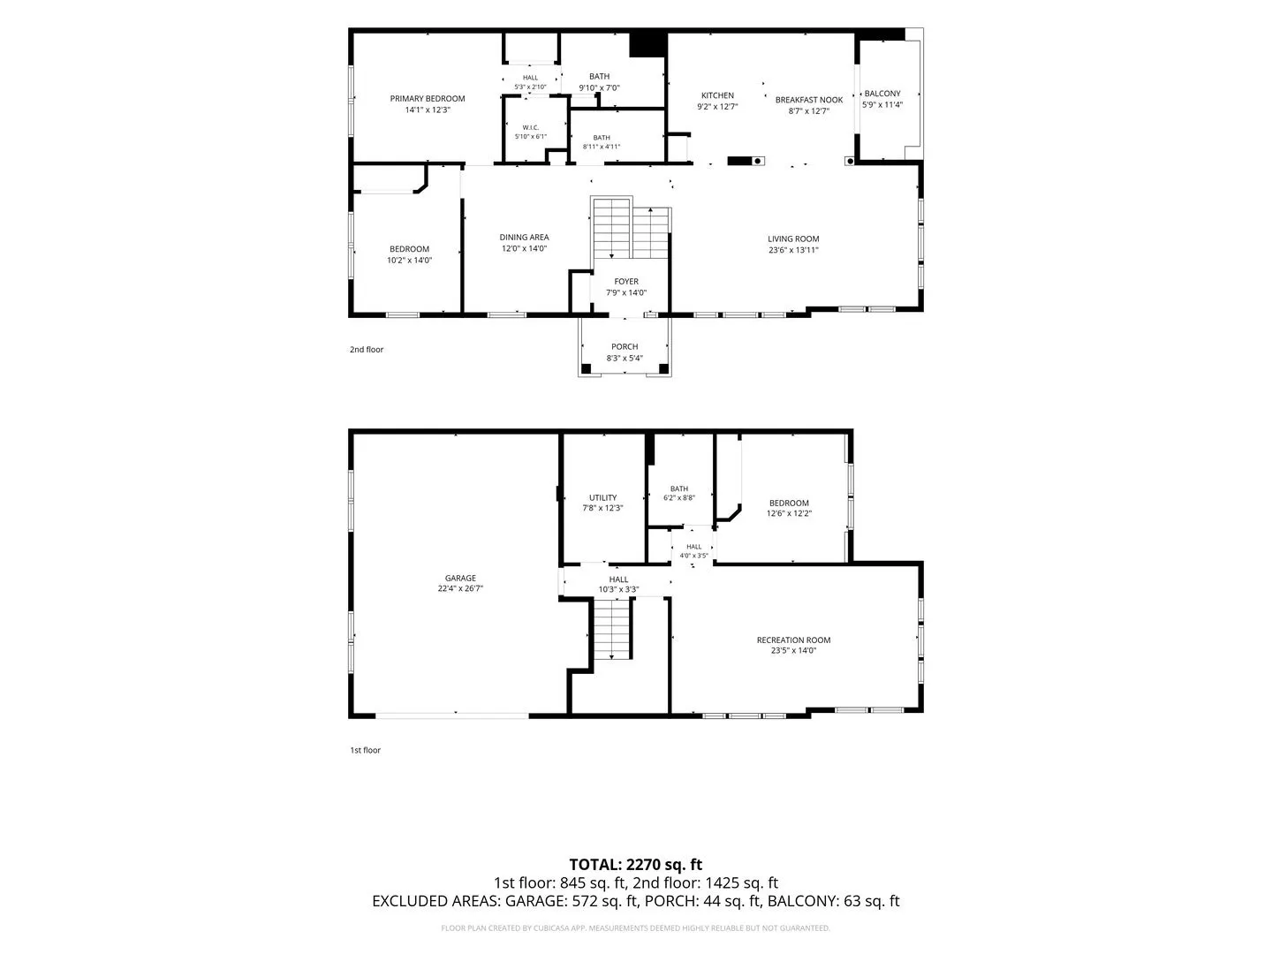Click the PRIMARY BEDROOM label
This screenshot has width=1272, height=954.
(427, 98)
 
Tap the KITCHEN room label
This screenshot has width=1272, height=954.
(717, 95)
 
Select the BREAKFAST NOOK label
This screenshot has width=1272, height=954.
(809, 100)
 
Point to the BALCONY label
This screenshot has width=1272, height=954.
(882, 94)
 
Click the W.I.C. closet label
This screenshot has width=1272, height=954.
(530, 127)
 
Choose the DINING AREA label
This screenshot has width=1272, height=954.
(524, 237)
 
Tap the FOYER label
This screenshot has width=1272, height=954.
(626, 282)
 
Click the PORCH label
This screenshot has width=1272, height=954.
(625, 346)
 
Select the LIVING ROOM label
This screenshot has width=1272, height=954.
(792, 238)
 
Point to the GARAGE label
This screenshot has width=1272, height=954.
(460, 578)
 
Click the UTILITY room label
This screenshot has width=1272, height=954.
(602, 497)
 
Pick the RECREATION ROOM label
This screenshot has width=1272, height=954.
(793, 640)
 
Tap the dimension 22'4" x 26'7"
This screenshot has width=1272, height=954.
(460, 588)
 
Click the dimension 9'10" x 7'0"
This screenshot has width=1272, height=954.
(599, 88)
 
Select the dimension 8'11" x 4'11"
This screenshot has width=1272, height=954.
(602, 147)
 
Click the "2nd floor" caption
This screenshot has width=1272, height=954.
(367, 349)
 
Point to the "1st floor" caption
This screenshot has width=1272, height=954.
(365, 750)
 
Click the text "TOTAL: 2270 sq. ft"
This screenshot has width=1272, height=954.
(635, 864)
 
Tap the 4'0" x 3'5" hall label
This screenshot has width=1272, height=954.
(693, 556)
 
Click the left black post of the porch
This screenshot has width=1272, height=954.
(586, 368)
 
